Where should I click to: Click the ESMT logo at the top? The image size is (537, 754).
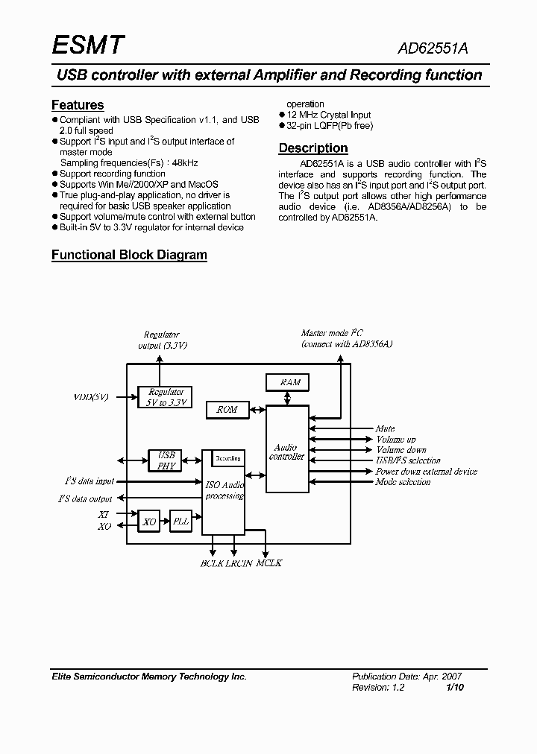click(87, 46)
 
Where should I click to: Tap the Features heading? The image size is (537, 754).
click(78, 105)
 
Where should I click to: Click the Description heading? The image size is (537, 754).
click(313, 148)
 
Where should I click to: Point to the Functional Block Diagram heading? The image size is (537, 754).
click(129, 255)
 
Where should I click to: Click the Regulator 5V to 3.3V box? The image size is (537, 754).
click(165, 397)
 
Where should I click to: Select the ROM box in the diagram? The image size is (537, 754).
click(227, 410)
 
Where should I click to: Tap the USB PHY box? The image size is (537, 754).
click(166, 460)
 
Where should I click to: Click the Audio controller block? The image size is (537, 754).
click(287, 449)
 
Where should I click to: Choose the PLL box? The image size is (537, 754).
click(181, 522)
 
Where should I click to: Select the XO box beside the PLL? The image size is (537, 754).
click(149, 522)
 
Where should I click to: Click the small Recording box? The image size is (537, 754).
click(227, 458)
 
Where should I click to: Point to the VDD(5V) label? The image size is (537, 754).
click(91, 397)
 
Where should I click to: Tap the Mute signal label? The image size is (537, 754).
click(385, 429)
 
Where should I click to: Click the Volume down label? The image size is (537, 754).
click(401, 450)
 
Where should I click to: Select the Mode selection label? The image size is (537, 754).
click(403, 482)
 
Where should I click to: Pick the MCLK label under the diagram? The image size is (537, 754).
click(269, 563)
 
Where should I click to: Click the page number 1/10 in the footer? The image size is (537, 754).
click(455, 688)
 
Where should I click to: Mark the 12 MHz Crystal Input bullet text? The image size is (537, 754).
click(329, 115)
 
